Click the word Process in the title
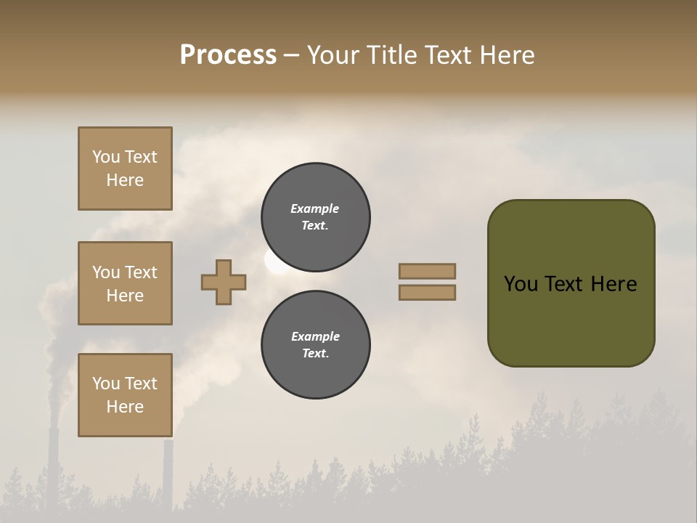click(x=228, y=55)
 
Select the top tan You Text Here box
click(x=125, y=169)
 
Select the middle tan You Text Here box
click(x=125, y=283)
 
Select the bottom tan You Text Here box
click(x=125, y=395)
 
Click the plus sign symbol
click(x=224, y=282)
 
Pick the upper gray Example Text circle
click(x=315, y=217)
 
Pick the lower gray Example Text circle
click(x=315, y=345)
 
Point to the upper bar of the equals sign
click(x=427, y=271)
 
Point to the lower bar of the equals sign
click(x=427, y=293)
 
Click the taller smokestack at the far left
click(x=53, y=465)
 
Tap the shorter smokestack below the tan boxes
click(x=168, y=472)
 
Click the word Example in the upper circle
click(x=315, y=208)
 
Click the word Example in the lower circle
click(x=315, y=336)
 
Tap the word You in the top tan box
click(x=105, y=157)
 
